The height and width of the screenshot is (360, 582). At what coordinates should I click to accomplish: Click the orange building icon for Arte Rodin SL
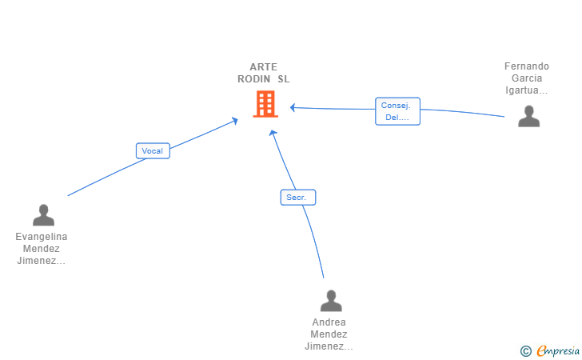coord(265,104)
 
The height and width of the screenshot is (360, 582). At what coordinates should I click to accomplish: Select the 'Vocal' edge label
coord(152,150)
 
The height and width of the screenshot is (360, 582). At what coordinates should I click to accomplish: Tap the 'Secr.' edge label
coord(298,197)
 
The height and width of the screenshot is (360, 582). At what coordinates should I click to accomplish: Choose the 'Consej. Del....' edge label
coord(397,111)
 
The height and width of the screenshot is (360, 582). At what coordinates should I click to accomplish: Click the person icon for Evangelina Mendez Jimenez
coord(43,215)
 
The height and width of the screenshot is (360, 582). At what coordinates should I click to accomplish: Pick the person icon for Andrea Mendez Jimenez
coord(331,301)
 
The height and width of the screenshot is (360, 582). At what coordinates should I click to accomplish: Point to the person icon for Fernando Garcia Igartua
coord(528,116)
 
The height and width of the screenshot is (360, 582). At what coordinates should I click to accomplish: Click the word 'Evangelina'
coord(42,237)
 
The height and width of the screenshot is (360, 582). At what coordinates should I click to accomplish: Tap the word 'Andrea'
coord(329,322)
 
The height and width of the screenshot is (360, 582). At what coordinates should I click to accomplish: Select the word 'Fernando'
coord(527,66)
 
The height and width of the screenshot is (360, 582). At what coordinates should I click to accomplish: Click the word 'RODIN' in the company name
coord(254,79)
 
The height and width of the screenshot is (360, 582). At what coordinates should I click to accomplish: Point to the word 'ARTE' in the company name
coord(263,67)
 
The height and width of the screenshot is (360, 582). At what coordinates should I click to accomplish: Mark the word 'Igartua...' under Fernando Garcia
coord(527,90)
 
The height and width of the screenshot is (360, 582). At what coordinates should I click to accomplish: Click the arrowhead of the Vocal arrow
coord(235,120)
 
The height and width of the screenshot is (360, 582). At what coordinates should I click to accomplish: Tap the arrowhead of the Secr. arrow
coord(273,133)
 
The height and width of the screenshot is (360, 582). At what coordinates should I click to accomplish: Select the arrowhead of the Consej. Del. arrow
coord(293,106)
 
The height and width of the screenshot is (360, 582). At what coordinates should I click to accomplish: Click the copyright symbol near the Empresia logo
coord(525,350)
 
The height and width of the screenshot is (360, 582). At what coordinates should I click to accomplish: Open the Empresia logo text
coord(556,350)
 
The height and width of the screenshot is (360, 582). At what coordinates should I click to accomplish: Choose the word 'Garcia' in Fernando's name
coord(527,78)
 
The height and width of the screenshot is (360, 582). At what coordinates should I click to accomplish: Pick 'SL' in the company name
coord(284,79)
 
